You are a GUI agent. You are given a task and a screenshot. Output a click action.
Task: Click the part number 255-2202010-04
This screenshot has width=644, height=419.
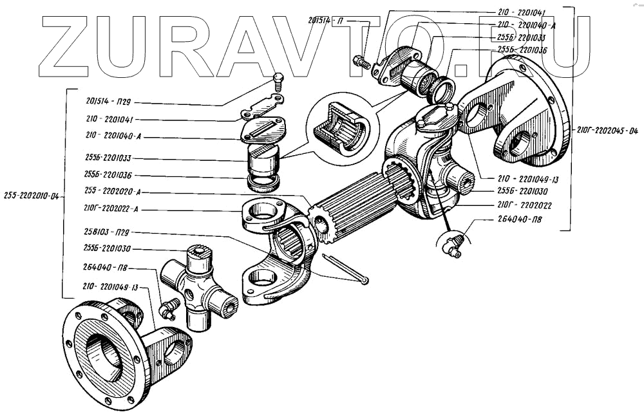[31, 196]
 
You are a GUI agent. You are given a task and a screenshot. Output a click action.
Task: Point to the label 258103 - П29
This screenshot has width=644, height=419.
[108, 231]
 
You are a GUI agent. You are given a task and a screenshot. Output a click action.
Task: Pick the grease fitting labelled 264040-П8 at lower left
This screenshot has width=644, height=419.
[169, 309]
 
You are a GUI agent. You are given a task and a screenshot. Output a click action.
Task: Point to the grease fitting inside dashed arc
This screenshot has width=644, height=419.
[452, 247]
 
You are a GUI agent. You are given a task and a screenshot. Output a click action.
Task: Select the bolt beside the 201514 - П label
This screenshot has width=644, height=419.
[361, 63]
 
